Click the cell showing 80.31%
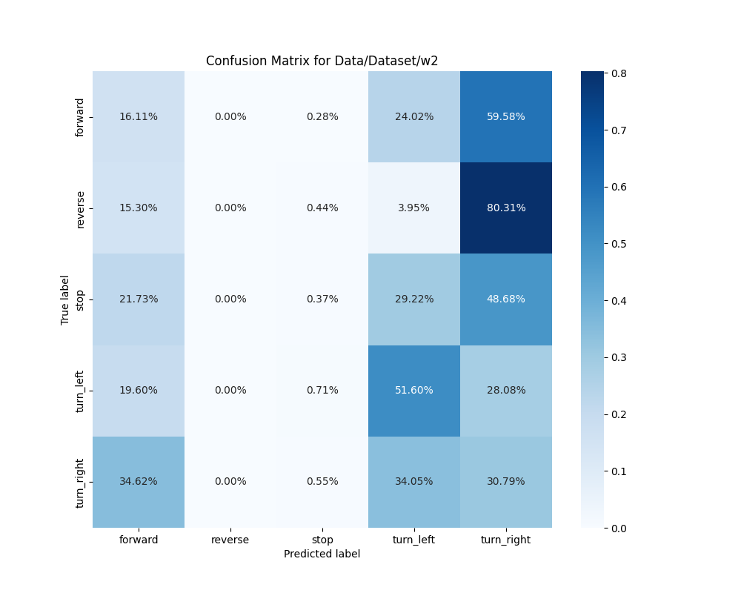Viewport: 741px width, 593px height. (x=506, y=208)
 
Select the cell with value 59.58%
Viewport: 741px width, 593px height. (x=506, y=116)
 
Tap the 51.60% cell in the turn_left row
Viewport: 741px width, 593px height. (x=414, y=390)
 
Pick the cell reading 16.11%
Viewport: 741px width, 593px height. (x=139, y=116)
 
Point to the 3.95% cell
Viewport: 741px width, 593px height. (x=414, y=208)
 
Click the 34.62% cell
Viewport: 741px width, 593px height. (x=139, y=481)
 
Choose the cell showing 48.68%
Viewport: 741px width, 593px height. (x=506, y=299)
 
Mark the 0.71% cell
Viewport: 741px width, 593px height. (x=322, y=390)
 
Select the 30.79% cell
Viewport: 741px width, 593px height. (x=506, y=481)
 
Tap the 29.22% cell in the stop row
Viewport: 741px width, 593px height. (x=414, y=299)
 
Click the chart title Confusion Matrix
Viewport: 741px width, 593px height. (x=322, y=61)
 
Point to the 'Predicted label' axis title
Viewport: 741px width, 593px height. (x=322, y=554)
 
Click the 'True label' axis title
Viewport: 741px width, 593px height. (x=65, y=299)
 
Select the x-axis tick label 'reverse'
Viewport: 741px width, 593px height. (x=230, y=540)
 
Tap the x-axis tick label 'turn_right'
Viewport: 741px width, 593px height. (x=506, y=540)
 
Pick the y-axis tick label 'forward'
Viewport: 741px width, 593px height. (x=80, y=117)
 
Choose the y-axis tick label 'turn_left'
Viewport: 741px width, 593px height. (x=80, y=391)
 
